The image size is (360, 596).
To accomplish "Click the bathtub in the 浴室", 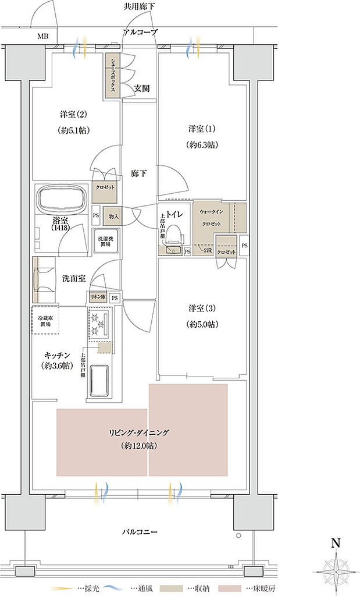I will pos(61,200).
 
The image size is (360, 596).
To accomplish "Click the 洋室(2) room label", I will pos(73,114).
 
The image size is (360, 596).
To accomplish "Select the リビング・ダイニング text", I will pos(138,432).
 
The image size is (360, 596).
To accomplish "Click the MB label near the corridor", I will pos(44,37).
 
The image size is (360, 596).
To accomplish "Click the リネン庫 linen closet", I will pos(96,297).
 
